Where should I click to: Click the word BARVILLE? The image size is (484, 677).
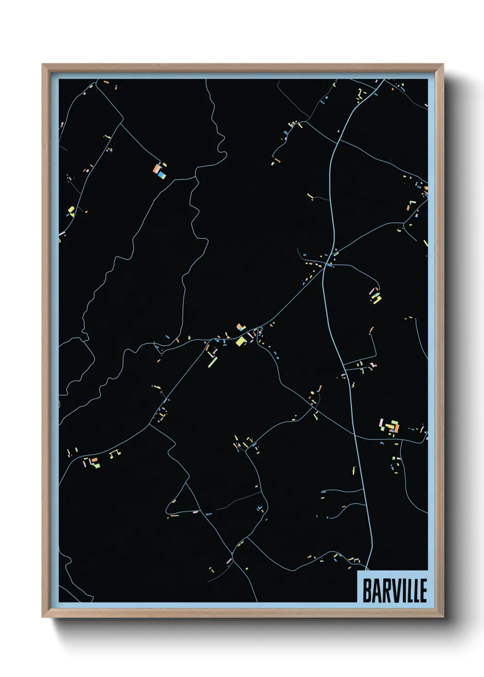point(394,590)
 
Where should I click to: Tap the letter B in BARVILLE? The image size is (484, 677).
point(367,590)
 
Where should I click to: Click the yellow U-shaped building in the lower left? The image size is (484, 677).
point(115,453)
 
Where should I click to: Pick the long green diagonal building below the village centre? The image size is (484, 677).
point(213,362)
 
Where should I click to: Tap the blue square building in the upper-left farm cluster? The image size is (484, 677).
point(161,174)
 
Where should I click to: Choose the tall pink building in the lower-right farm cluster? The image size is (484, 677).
point(381,424)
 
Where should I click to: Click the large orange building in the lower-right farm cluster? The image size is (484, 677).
point(396,428)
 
